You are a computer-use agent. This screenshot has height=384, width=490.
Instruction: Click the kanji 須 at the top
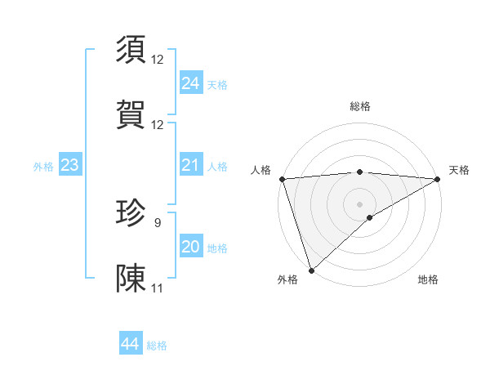pos(132,50)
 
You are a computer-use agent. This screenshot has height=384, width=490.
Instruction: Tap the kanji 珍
pos(132,213)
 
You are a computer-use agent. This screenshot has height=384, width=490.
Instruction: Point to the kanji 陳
pos(132,279)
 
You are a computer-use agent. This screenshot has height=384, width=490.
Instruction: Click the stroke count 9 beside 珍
pos(158,222)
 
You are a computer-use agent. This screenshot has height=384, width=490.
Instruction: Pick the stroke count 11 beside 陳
pos(158,288)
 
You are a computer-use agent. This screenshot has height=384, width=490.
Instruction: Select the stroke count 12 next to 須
pos(158,59)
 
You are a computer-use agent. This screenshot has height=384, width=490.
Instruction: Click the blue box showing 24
pos(190,83)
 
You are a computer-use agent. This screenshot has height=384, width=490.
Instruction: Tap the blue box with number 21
pos(190,166)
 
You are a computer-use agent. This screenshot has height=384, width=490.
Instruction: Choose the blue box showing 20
pos(190,247)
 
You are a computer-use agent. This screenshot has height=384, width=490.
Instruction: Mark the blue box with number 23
pos(69,166)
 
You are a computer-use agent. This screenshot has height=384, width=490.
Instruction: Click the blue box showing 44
pos(130,344)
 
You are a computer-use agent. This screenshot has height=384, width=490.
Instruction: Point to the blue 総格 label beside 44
pos(157,346)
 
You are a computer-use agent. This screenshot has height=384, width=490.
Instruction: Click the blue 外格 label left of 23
pos(43,167)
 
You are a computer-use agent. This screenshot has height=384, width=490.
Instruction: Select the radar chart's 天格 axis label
pos(460,170)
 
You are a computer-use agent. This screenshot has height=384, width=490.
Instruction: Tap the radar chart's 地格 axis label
pos(428,279)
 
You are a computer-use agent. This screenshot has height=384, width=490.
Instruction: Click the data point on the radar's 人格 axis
pos(282,179)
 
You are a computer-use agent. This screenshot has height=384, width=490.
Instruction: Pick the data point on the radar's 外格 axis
pos(311,270)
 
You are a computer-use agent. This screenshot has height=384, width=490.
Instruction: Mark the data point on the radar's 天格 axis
pos(437,179)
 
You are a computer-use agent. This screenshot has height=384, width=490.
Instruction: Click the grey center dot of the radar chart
pos(359,203)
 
